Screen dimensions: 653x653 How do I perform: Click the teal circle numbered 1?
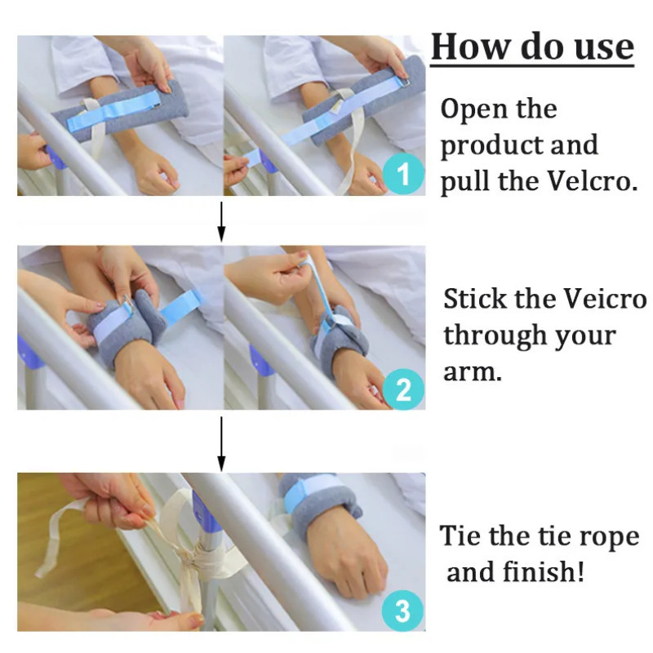pyautogui.click(x=403, y=174)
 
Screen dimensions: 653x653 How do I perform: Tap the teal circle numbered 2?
pyautogui.click(x=403, y=389)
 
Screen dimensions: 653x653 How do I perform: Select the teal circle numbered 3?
pyautogui.click(x=402, y=611)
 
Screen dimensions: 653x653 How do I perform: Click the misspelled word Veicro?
pyautogui.click(x=605, y=299)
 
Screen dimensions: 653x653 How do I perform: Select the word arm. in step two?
pyautogui.click(x=473, y=372)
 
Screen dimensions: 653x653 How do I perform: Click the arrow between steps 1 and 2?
pyautogui.click(x=221, y=222)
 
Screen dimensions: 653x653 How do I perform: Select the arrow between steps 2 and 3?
pyautogui.click(x=221, y=444)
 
